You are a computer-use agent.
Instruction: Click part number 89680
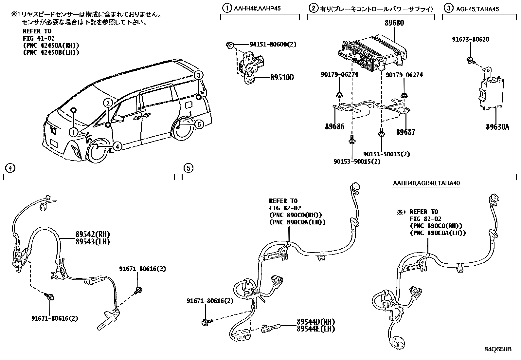(x=394, y=23)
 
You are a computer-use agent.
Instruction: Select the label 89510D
(x=282, y=78)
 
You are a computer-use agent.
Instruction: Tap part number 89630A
(x=497, y=127)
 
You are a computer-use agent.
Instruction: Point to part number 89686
(x=334, y=126)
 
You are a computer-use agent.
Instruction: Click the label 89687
(x=405, y=132)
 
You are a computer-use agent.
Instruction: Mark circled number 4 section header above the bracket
(x=10, y=168)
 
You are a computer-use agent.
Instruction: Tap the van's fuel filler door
(x=189, y=104)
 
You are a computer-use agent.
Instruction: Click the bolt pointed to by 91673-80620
(x=470, y=60)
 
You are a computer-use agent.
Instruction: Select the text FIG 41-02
(x=39, y=39)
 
